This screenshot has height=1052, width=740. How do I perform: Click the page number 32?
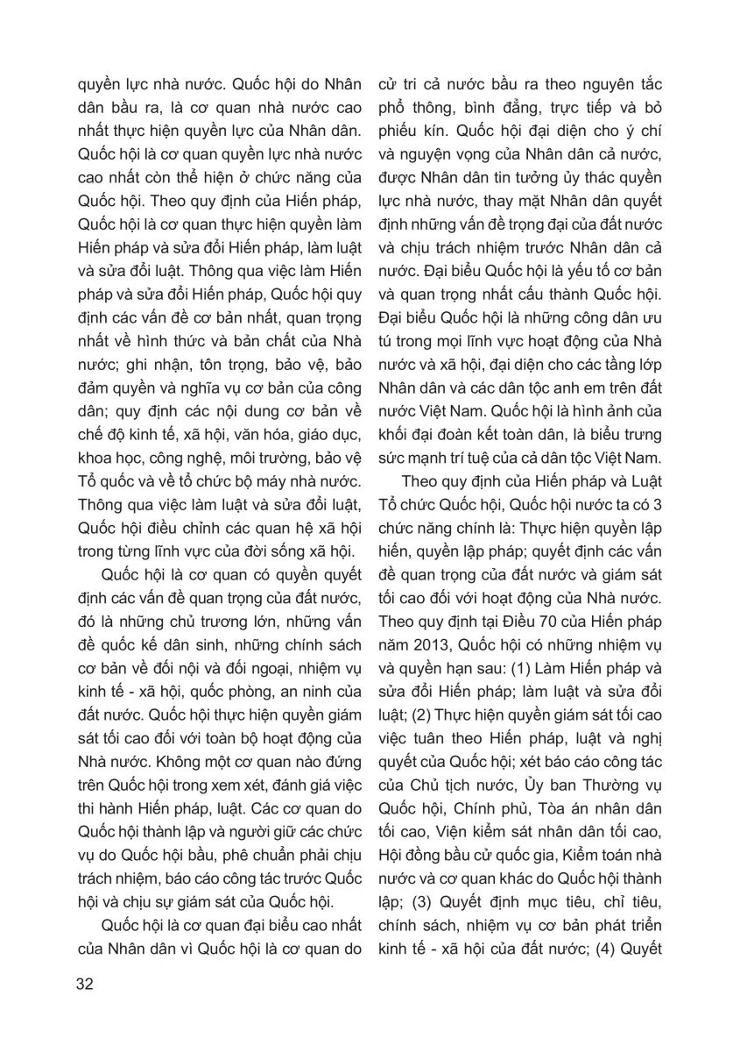coord(85,983)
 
